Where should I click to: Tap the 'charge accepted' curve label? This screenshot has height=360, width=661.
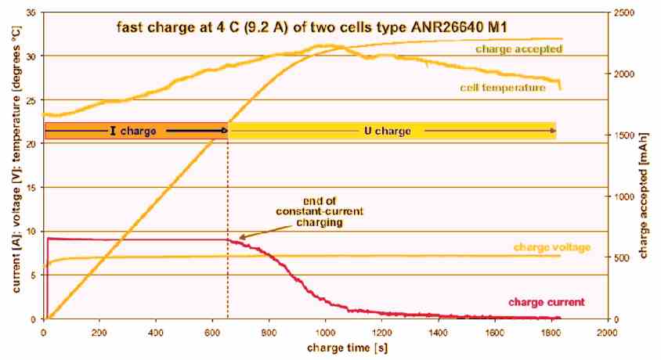pyautogui.click(x=518, y=49)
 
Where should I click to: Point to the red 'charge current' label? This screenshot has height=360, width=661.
pyautogui.click(x=546, y=301)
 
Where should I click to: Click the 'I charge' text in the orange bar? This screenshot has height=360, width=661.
pyautogui.click(x=133, y=131)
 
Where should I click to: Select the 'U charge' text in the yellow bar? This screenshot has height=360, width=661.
pyautogui.click(x=388, y=131)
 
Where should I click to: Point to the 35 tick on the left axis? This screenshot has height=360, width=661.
pyautogui.click(x=31, y=13)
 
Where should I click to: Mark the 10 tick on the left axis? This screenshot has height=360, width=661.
pyautogui.click(x=31, y=231)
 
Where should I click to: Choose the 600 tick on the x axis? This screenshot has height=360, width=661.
pyautogui.click(x=213, y=331)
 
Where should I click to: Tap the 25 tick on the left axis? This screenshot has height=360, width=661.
pyautogui.click(x=31, y=100)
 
